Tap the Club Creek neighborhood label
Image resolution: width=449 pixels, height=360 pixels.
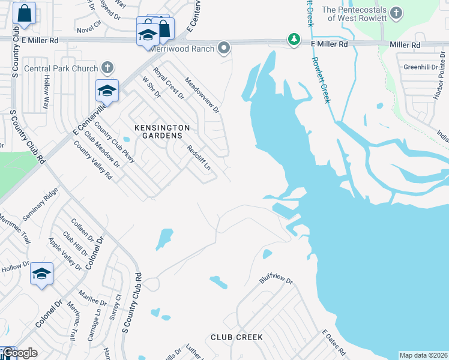pos(237,337)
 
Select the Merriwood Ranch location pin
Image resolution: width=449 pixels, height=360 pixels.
pos(224,47)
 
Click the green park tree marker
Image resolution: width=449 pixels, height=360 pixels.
pos(294,40)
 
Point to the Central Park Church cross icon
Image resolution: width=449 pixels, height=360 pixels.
pos(107,68)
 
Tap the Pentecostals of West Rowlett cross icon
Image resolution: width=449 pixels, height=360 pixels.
pos(395,12)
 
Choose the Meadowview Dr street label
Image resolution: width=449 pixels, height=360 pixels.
pos(203,95)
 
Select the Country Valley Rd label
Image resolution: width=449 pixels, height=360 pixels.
pos(93,160)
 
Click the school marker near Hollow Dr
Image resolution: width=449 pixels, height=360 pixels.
pos(41,274)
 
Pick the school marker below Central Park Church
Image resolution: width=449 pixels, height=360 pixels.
pos(107,91)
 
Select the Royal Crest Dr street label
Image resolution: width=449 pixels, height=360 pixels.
pos(169,83)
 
